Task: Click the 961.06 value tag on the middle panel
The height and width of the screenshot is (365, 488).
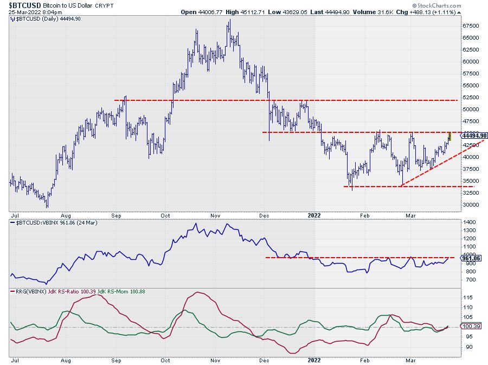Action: pyautogui.click(x=469, y=258)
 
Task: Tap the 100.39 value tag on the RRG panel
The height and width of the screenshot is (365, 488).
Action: pyautogui.click(x=469, y=327)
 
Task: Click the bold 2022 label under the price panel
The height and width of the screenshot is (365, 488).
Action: pyautogui.click(x=315, y=214)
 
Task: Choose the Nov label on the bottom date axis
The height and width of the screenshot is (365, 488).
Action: pyautogui.click(x=215, y=359)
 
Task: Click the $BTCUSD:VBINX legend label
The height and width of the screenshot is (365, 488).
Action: pyautogui.click(x=32, y=222)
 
